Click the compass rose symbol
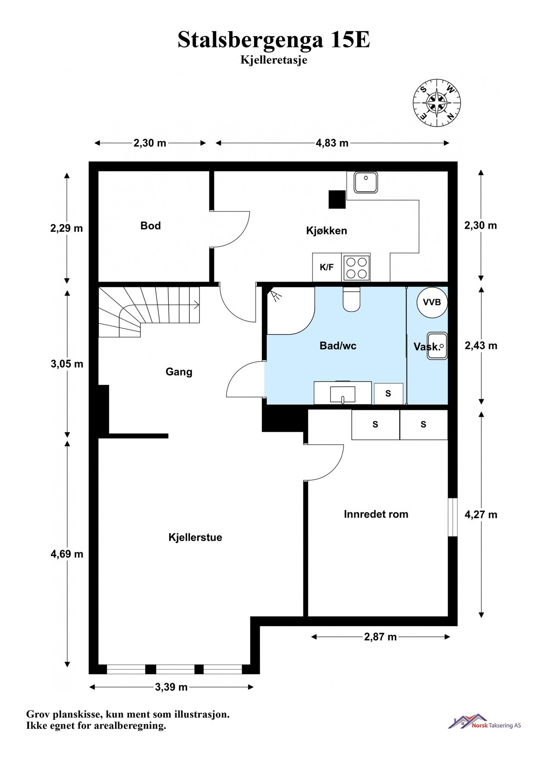point(437,103)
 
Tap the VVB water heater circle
point(432,302)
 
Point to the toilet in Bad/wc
point(351,299)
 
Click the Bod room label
point(151,226)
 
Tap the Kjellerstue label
point(195,537)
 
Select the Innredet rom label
point(376,514)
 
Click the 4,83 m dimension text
point(332,143)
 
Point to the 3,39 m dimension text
point(171,687)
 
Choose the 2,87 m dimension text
point(381,637)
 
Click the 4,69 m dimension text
point(67,554)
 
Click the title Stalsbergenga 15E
point(274,40)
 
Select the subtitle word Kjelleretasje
point(274,60)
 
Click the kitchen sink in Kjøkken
point(366,182)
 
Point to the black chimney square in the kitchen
point(337,200)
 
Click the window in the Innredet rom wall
point(452,517)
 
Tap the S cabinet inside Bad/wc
point(388,393)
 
